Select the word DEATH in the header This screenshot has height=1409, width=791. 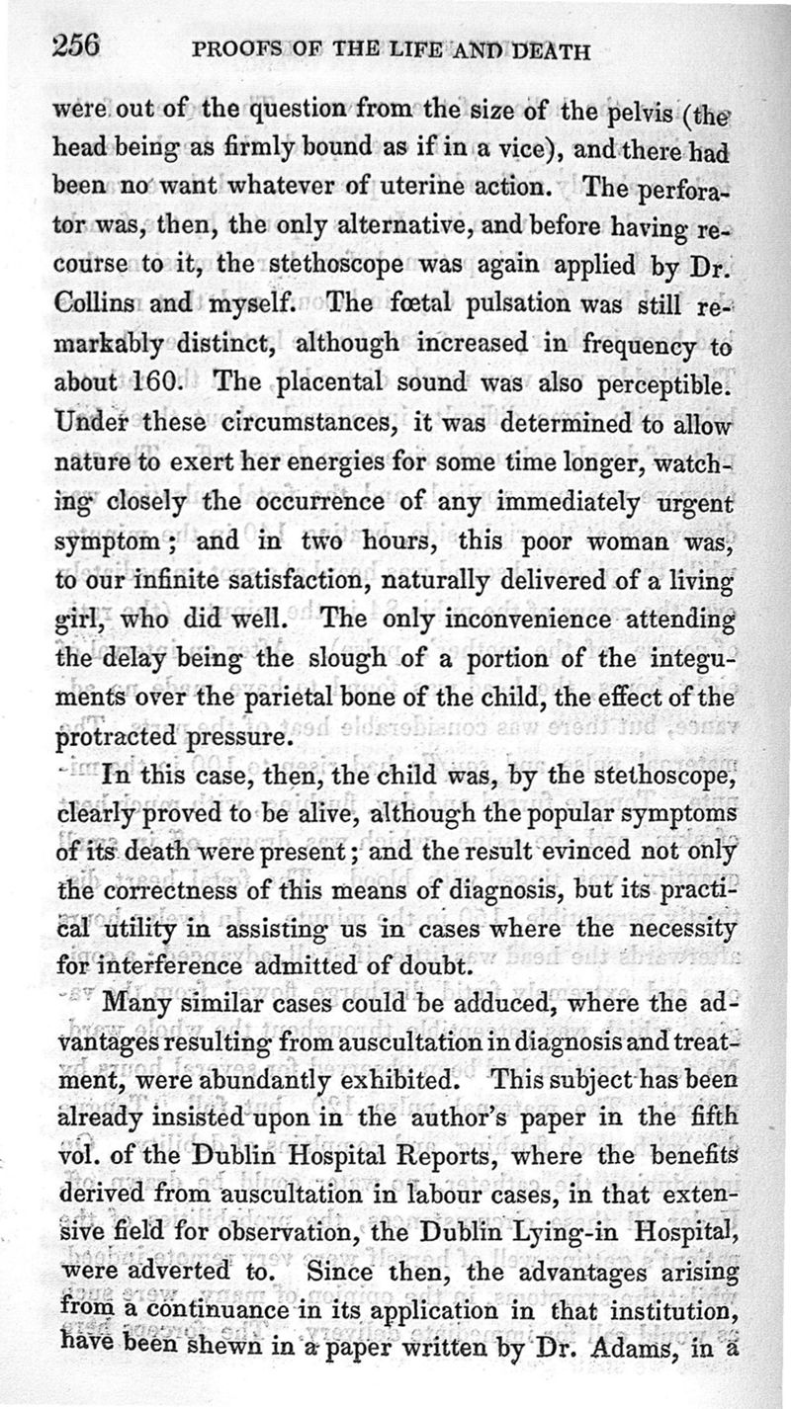click(544, 51)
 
